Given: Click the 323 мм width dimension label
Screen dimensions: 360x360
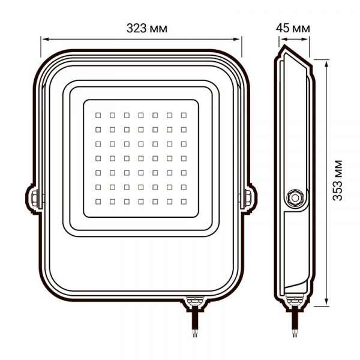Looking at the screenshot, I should [x=146, y=28].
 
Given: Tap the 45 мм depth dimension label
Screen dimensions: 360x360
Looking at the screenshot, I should [x=293, y=28].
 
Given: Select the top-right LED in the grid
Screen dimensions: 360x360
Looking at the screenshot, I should [x=183, y=113].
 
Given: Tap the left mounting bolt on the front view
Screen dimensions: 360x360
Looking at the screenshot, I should [x=34, y=197].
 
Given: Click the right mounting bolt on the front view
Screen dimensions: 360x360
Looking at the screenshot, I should [x=248, y=197].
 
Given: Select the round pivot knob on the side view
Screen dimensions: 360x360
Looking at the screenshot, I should [x=295, y=197].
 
